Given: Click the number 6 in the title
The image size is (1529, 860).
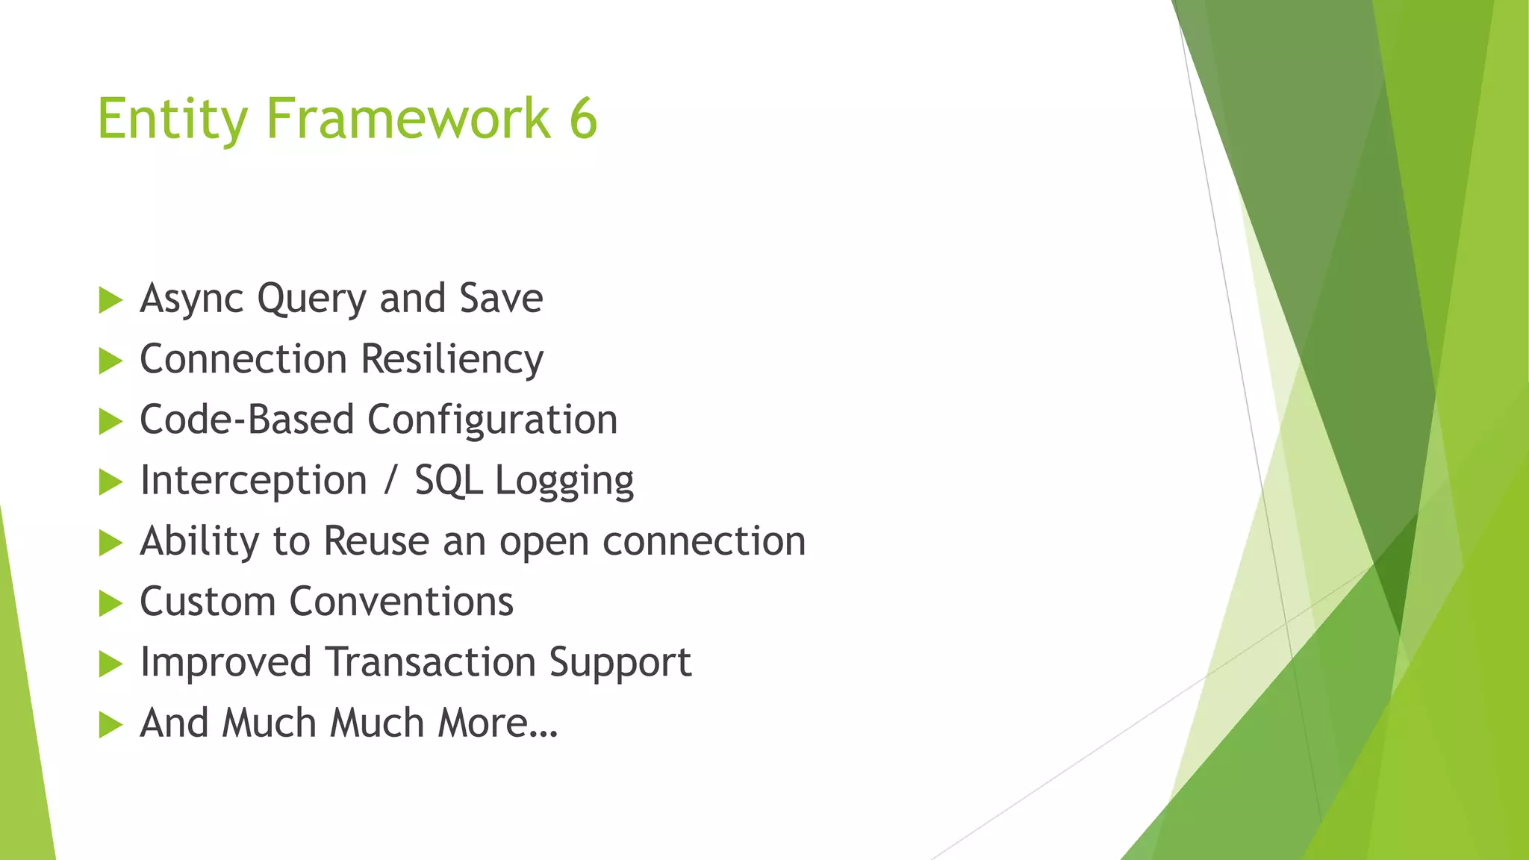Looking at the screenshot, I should (583, 119).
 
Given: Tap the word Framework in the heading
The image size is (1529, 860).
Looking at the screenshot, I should (408, 119).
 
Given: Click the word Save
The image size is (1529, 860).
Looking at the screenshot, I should (501, 299).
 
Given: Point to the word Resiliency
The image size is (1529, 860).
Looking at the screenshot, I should (452, 360).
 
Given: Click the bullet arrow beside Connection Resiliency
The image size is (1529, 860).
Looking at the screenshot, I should (110, 361).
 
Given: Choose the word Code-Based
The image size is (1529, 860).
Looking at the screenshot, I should (246, 420).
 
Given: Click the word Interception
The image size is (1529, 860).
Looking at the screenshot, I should (253, 481).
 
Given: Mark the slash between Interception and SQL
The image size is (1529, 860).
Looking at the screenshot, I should (390, 481).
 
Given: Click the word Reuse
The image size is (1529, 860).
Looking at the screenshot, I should (376, 541).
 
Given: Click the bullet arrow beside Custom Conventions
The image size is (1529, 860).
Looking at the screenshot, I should (110, 603).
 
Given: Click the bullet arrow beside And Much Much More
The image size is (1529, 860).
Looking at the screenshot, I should (110, 724).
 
